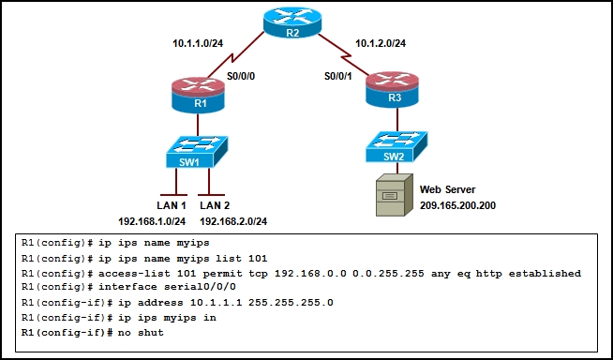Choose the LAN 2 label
pyautogui.click(x=215, y=203)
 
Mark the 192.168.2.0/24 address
pyautogui.click(x=232, y=221)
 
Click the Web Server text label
pyautogui.click(x=447, y=189)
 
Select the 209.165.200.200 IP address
pyautogui.click(x=464, y=204)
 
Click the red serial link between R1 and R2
pyautogui.click(x=242, y=54)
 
